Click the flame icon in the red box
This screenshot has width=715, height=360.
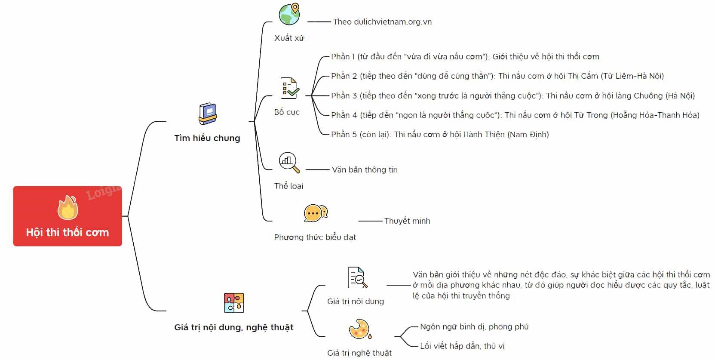point(68,208)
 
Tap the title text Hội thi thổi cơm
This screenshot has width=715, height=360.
point(68,232)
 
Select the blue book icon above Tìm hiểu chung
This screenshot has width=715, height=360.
point(208,114)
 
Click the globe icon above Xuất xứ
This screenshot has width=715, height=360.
point(289,14)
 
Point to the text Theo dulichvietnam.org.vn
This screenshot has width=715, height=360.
point(382,22)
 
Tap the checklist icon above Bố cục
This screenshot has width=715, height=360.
point(289,88)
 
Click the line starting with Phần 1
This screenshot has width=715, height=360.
point(465,56)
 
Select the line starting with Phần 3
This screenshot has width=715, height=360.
point(513,95)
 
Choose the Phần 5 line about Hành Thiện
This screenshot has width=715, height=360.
point(440,135)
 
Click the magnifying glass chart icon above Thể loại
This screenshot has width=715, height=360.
point(289,162)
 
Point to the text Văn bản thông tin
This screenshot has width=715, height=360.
point(365,169)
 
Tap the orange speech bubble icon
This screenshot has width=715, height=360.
point(316,213)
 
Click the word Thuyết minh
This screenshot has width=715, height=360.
point(407,221)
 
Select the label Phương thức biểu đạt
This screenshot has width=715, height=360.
point(315,237)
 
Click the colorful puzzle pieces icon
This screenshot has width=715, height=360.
point(234,303)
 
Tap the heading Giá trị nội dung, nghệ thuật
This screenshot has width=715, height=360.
point(233,327)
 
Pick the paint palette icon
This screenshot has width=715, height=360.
point(360,329)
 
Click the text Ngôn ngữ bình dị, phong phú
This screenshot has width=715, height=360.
point(474,327)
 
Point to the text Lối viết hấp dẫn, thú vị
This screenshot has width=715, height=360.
point(463,346)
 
